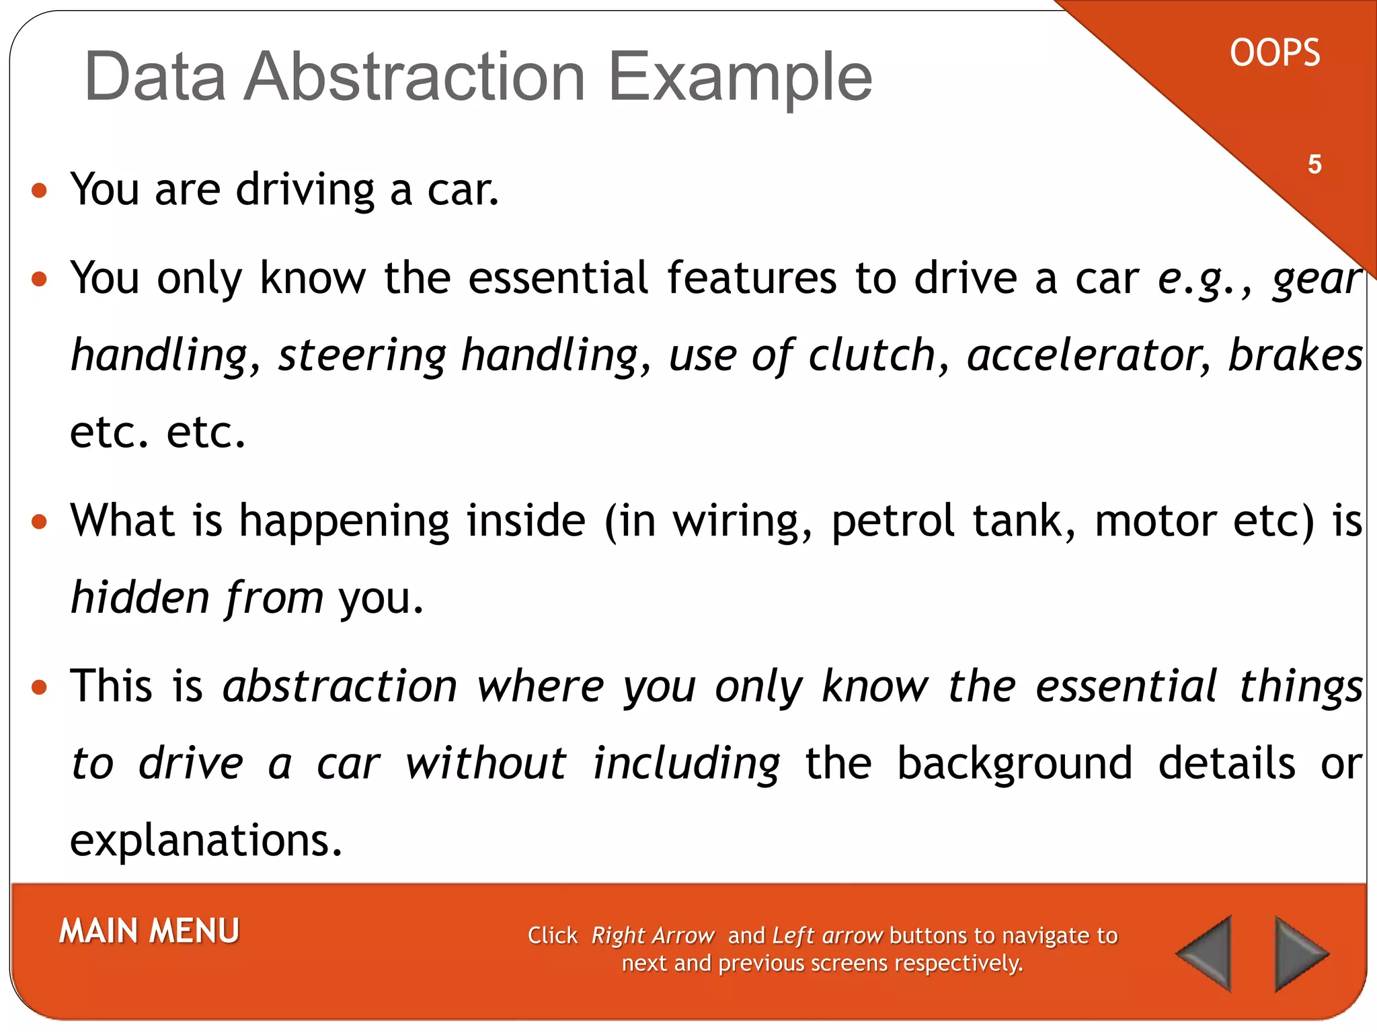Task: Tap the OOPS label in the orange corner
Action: pos(1274,53)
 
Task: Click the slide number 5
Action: pos(1314,165)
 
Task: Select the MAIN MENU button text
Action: pos(149,931)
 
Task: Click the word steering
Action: pos(362,355)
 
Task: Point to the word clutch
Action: pos(871,355)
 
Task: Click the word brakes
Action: pos(1295,355)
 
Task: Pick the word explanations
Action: pos(206,840)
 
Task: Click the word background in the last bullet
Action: pos(1015,763)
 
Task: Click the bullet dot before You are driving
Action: pos(40,191)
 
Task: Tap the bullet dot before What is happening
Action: pos(40,522)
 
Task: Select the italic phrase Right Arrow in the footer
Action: pos(652,935)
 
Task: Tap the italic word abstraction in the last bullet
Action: pos(340,687)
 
